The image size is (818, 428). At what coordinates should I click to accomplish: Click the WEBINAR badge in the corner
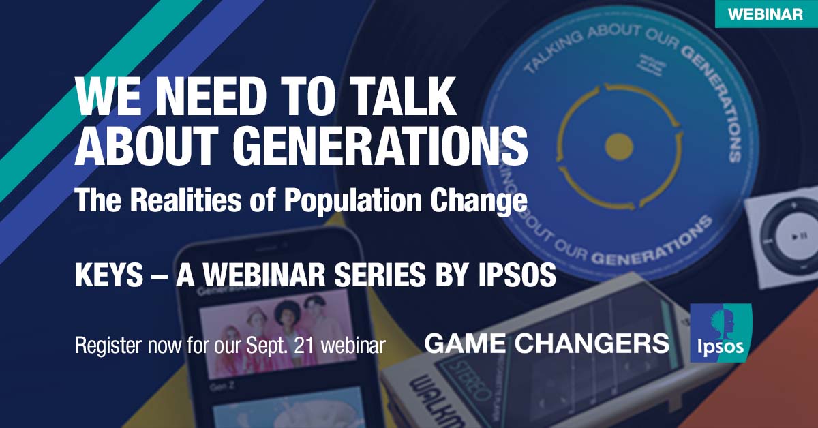coord(766,14)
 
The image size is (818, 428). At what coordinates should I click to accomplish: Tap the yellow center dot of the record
coord(619,144)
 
